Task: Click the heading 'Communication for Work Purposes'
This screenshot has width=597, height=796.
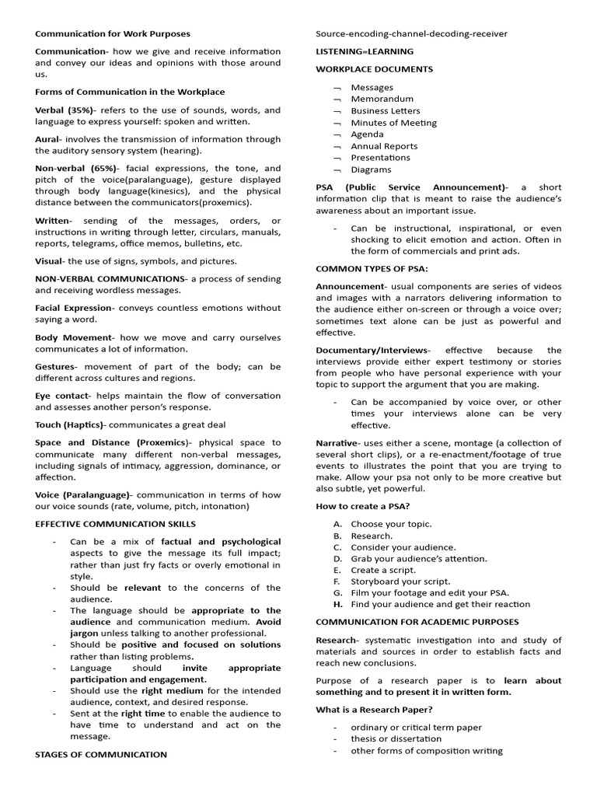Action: pyautogui.click(x=112, y=34)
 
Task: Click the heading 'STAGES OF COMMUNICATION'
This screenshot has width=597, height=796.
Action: pyautogui.click(x=100, y=754)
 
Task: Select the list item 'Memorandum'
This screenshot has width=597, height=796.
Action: pyautogui.click(x=382, y=99)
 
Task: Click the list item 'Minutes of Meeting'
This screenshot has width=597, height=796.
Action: pyautogui.click(x=393, y=123)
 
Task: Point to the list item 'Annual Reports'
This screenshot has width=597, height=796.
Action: pyautogui.click(x=384, y=146)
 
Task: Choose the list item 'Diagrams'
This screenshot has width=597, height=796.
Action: pyautogui.click(x=371, y=169)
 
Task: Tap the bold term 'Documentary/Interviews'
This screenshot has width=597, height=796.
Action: pyautogui.click(x=371, y=351)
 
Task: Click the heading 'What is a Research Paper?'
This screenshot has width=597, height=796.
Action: pyautogui.click(x=374, y=710)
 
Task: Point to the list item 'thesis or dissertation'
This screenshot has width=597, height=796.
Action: pyautogui.click(x=396, y=739)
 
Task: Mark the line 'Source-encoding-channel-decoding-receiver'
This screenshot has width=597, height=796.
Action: pyautogui.click(x=411, y=34)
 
